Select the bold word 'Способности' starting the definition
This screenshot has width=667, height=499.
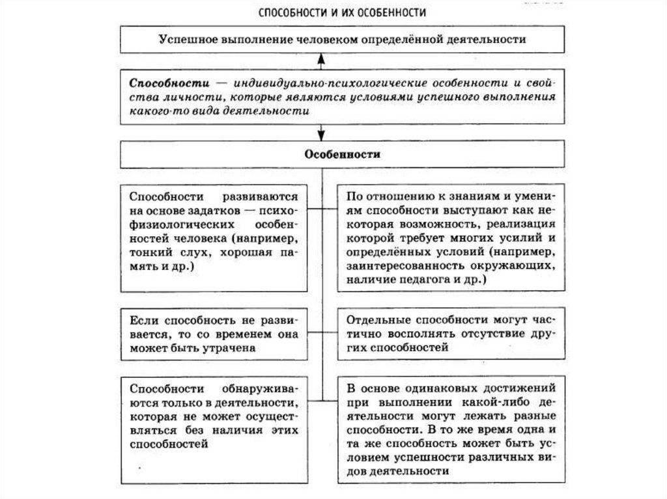(160, 85)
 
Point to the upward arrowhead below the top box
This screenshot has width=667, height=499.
(320, 58)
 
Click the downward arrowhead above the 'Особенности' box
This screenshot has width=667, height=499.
(320, 136)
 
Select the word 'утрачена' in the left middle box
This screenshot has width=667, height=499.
(231, 348)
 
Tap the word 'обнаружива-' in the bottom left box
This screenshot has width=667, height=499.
(259, 388)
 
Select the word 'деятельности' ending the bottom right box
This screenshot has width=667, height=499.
(397, 473)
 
